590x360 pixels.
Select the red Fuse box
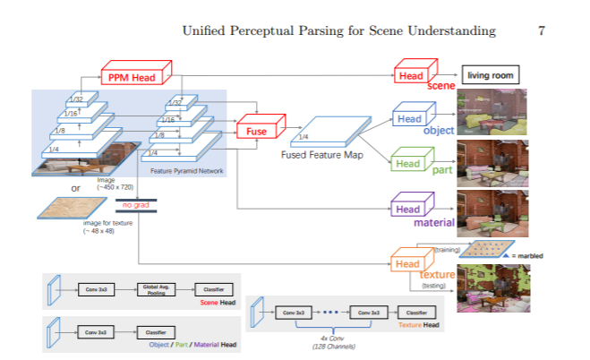257,131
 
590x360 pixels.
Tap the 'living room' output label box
490,76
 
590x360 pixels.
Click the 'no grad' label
134,205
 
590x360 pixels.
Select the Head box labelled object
409,119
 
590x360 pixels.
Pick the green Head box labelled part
408,163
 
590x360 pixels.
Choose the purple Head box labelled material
408,209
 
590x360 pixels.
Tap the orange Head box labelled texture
407,264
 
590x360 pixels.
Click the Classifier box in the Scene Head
215,289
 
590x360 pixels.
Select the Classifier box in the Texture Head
416,312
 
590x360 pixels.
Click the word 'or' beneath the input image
75,188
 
